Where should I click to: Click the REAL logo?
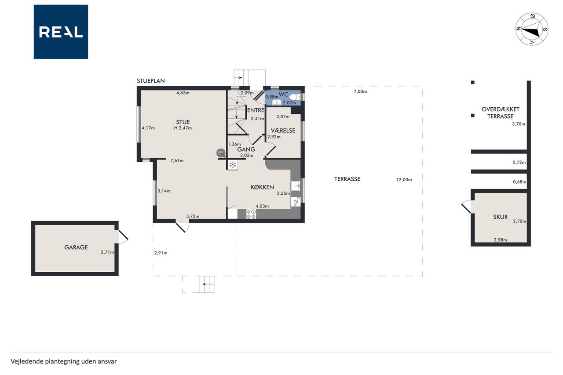click(x=61, y=32)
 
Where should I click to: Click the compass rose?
click(x=532, y=29)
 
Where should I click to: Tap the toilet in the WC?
click(x=295, y=97)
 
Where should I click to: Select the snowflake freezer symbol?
click(x=233, y=165)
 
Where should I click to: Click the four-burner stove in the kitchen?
click(x=251, y=214)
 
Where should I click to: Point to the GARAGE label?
click(x=76, y=248)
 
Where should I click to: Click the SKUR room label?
click(x=500, y=217)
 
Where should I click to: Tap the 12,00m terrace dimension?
click(x=404, y=180)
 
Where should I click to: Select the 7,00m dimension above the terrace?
click(x=360, y=92)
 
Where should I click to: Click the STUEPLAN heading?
click(x=151, y=81)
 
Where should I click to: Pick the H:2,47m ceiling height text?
click(x=183, y=128)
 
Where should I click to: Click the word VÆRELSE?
click(x=283, y=131)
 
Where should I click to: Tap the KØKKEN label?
click(x=262, y=187)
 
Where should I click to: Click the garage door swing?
click(x=123, y=237)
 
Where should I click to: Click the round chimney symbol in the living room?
click(x=221, y=153)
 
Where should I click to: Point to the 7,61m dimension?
click(x=177, y=161)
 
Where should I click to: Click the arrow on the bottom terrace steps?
click(x=208, y=284)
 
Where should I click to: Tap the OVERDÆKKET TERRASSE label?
click(x=500, y=113)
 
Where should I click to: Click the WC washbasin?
click(x=277, y=102)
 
